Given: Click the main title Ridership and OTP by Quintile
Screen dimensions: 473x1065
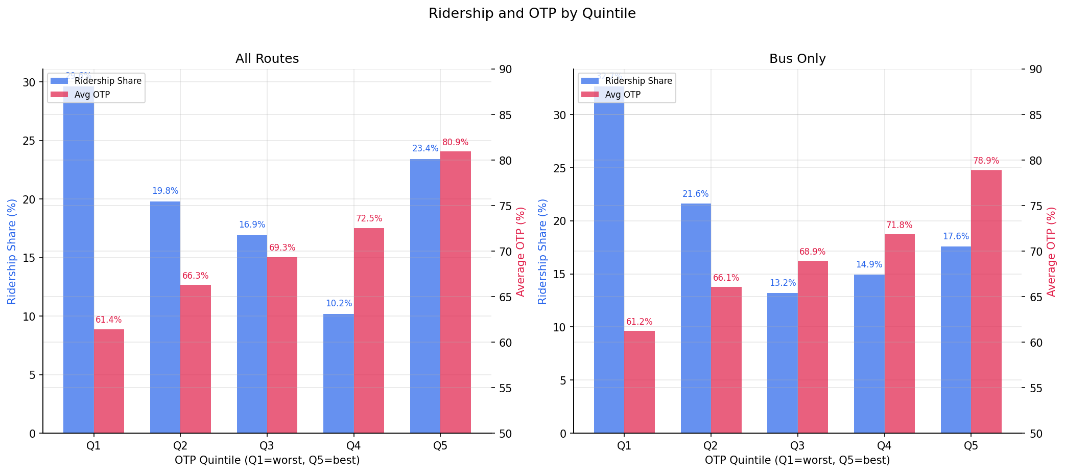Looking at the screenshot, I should pos(532,13).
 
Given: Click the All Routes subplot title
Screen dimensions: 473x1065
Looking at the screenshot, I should pos(267,59).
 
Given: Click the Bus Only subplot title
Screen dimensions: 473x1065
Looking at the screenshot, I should pos(797,59).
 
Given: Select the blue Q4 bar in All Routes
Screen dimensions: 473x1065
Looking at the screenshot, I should pos(338,373).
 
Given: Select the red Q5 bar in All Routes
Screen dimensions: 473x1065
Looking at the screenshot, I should pos(455,291).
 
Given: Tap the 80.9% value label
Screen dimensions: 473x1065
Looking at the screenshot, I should pos(455,143).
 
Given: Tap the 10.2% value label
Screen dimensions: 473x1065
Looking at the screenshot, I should pos(339,304).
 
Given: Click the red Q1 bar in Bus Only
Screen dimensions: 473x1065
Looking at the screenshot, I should pos(639,381).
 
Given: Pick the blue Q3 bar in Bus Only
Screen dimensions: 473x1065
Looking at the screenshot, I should pos(782,363).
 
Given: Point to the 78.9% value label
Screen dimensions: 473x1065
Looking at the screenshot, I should pos(986,161).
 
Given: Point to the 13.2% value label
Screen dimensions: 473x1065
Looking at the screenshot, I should pos(783,283).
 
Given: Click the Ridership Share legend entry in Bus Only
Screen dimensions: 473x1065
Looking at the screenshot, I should pos(638,81).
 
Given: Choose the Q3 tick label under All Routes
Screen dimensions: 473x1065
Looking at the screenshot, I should pos(267,446).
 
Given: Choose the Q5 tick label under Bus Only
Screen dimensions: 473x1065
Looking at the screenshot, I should pos(971,446).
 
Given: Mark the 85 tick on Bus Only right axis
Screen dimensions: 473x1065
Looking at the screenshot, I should pos(1035,115).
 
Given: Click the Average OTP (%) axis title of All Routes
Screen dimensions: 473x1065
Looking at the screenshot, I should pos(520,252).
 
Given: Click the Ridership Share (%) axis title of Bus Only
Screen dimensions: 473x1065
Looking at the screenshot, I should pos(542,252).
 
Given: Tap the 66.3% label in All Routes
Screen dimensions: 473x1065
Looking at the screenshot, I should pos(195,276).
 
